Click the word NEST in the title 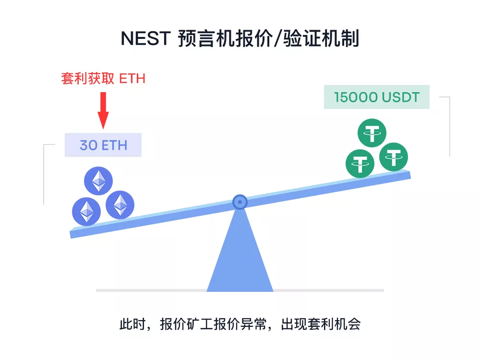click(x=146, y=38)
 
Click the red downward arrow click(x=103, y=110)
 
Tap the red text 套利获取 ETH click(x=103, y=79)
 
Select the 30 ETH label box click(x=103, y=145)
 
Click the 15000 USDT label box click(x=377, y=97)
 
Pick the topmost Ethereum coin click(x=98, y=181)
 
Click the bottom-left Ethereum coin click(x=86, y=212)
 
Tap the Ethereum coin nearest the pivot click(x=120, y=205)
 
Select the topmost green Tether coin click(x=372, y=133)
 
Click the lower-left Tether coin click(x=360, y=164)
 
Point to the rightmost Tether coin click(x=394, y=157)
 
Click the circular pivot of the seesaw click(x=240, y=202)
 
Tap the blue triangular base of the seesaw click(x=240, y=257)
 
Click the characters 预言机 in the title click(x=206, y=38)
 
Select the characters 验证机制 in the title click(x=321, y=38)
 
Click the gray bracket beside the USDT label click(x=449, y=126)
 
